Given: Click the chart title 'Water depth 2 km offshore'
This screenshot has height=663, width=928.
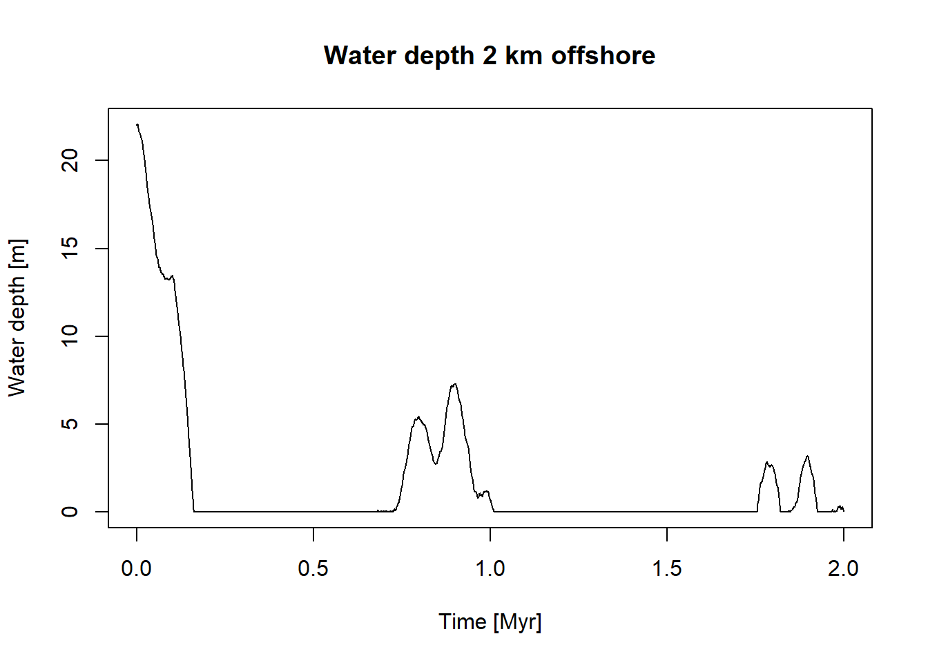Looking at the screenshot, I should pos(490,55).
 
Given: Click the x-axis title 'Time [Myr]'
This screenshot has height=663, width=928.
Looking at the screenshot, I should pos(490,622).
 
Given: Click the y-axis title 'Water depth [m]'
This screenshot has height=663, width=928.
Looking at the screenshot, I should pos(17,318).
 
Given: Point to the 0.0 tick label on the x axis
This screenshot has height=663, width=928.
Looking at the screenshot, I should pos(137,568).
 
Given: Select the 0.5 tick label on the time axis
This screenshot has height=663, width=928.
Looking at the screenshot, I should pos(313,568).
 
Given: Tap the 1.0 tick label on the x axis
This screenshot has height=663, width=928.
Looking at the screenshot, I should pos(490,568).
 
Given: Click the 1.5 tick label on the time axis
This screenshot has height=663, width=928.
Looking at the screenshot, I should pos(667,568).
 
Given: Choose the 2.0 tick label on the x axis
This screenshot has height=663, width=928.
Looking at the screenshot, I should pos(843,568).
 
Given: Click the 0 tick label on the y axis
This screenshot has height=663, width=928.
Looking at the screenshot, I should pos(70,512).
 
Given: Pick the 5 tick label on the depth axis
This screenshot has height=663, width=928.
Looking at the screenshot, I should pos(70,424).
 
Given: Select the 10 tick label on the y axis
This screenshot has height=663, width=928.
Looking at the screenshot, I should pos(70,336).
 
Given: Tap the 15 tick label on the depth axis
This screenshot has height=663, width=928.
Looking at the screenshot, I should pos(70,249).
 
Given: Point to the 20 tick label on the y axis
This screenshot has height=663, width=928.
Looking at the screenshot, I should pos(70,161).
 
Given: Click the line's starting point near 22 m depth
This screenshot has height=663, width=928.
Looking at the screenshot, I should pos(137,125).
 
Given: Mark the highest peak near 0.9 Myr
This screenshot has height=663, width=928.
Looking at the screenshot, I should pos(454,384).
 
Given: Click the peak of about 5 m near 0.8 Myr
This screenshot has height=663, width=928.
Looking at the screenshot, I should pos(418,418).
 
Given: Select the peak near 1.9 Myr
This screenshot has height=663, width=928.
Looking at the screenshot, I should pos(807,457).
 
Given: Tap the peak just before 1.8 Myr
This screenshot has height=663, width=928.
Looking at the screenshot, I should pos(767,463).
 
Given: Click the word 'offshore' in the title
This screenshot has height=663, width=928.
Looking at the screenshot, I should pos(603,55).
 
